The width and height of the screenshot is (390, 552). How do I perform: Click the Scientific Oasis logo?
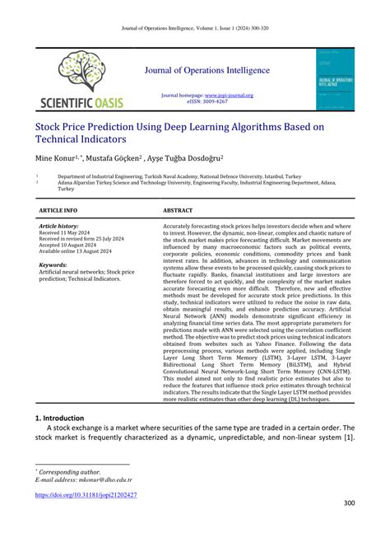pyautogui.click(x=81, y=79)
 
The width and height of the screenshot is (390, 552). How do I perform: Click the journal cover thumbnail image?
pyautogui.click(x=336, y=79)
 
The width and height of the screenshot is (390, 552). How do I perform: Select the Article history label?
pyautogui.click(x=58, y=226)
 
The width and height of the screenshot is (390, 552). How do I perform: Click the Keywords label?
pyautogui.click(x=53, y=265)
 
